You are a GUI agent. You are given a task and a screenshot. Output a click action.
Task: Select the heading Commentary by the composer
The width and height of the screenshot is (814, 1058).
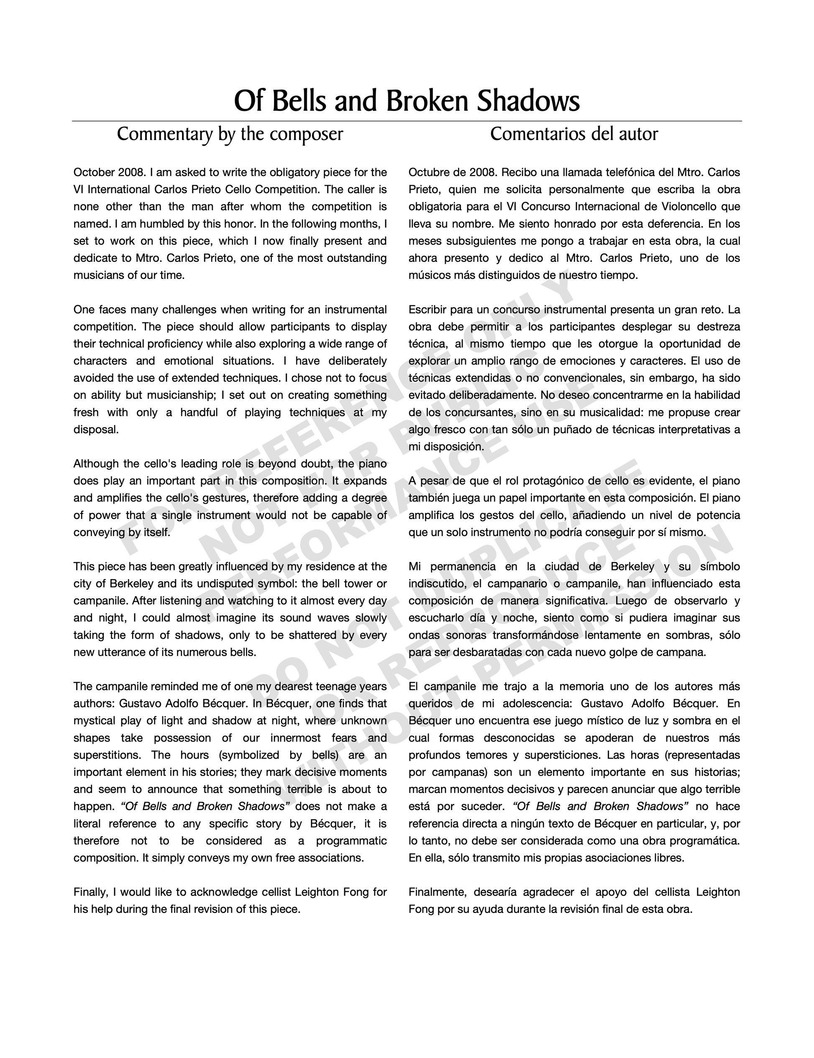tap(230, 134)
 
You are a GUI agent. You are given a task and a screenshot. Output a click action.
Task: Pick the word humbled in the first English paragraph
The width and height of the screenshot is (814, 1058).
tap(150, 224)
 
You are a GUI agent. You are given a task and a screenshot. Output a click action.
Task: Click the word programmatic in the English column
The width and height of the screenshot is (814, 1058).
tap(351, 841)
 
